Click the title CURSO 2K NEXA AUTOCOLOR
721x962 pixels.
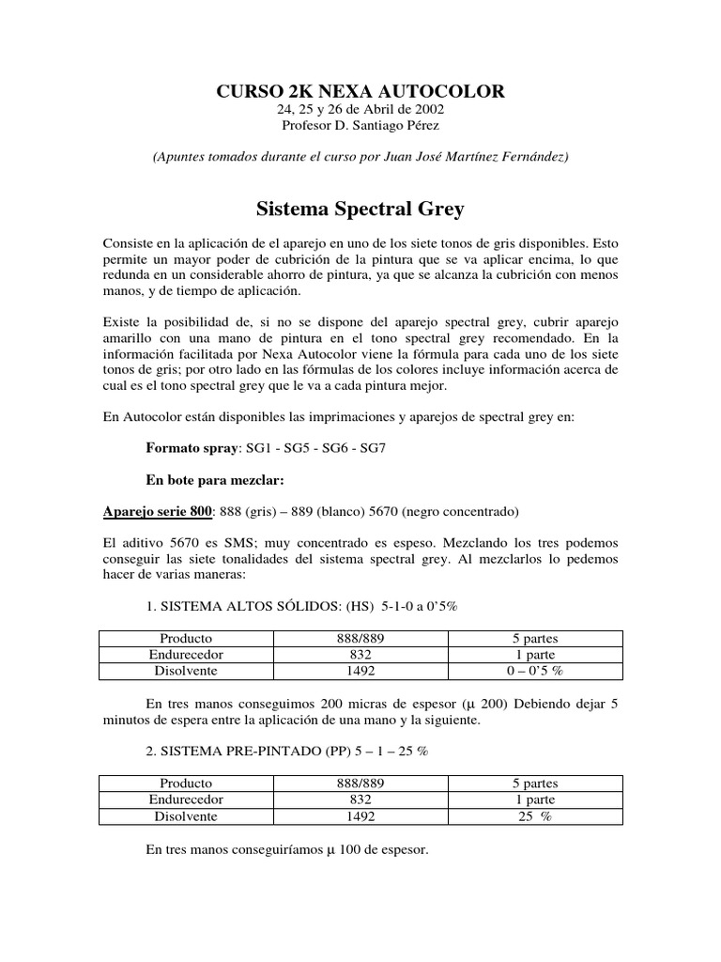tap(360, 90)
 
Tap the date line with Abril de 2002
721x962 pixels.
tap(360, 109)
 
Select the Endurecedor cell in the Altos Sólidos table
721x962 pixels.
tap(186, 654)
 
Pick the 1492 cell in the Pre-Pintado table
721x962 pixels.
tap(360, 816)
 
